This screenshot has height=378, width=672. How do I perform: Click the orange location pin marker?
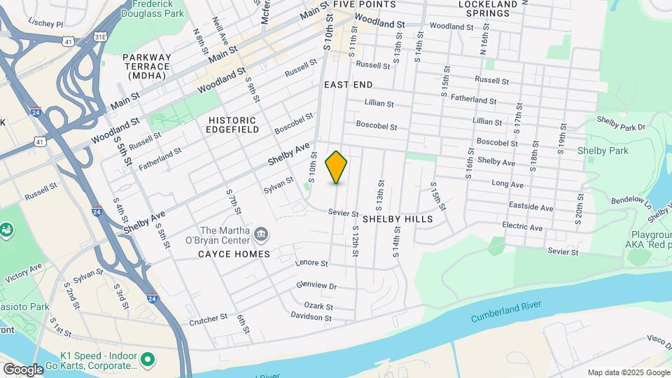[x=336, y=167]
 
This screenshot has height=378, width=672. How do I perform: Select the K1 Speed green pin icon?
[x=148, y=360]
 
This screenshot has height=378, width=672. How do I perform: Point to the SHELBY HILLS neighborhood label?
[x=398, y=219]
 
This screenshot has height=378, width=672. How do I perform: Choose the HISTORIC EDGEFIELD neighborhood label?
[x=234, y=125]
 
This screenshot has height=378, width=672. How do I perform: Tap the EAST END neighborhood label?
[x=348, y=84]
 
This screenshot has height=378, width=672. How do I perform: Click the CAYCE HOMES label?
[x=234, y=254]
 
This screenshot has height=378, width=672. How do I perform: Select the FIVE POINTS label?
[x=364, y=4]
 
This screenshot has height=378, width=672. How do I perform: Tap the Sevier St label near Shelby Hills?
[x=344, y=213]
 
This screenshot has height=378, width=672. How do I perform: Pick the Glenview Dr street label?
[x=316, y=286]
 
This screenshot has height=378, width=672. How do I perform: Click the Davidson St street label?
[x=311, y=317]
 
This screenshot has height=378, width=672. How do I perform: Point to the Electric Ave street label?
[x=522, y=227]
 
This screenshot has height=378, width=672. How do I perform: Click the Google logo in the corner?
[x=23, y=369]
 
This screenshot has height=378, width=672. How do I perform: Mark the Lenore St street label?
[x=312, y=263]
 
